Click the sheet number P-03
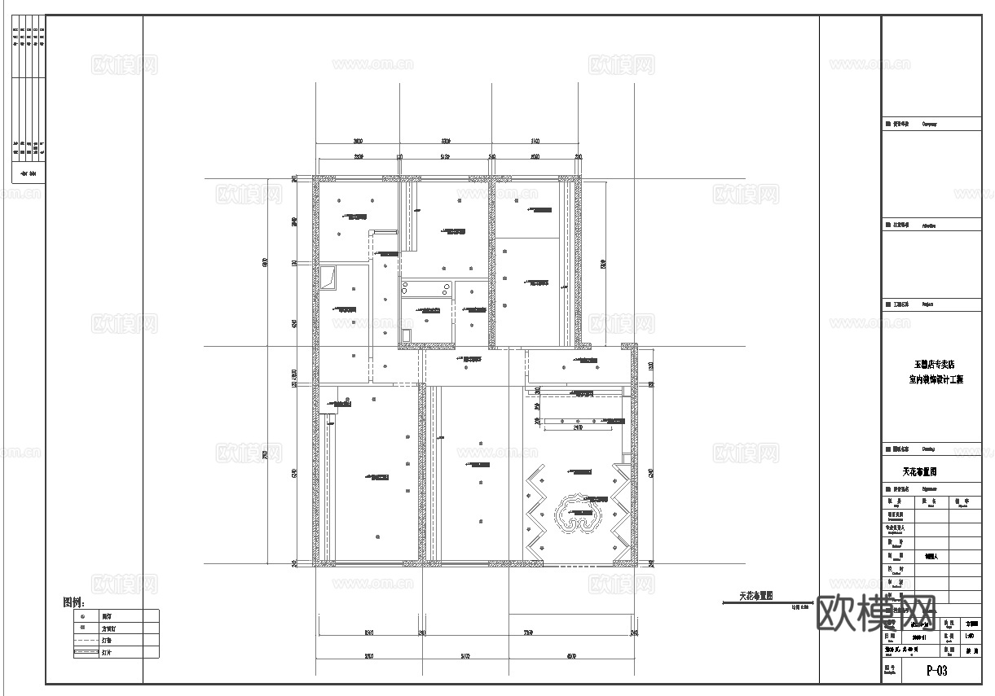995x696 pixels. (936, 672)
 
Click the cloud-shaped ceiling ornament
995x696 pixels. (582, 516)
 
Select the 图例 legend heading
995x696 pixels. (73, 603)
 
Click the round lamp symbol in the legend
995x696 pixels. (83, 616)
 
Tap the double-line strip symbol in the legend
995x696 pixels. (84, 653)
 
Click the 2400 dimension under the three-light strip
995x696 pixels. (579, 427)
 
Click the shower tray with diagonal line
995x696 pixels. (329, 277)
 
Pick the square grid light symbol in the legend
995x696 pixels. (83, 628)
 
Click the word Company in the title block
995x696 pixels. (929, 125)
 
